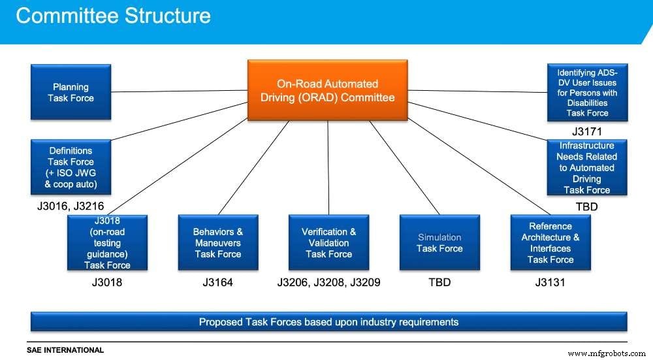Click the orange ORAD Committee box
[328, 91]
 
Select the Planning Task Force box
[71, 92]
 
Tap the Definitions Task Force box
[71, 167]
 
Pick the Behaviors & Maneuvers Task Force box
[218, 242]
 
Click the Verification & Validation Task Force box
[328, 242]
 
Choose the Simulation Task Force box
[439, 242]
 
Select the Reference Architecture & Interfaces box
[550, 242]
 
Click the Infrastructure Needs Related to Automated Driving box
[586, 167]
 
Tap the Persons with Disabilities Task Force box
[586, 92]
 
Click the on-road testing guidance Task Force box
[107, 242]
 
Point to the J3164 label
[218, 283]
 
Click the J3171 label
[586, 131]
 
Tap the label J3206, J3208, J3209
[328, 283]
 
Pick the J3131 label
[550, 283]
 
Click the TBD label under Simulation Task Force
[439, 283]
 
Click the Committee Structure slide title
[113, 16]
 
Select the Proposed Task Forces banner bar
[328, 321]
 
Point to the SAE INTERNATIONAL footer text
[65, 350]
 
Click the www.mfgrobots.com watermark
[607, 353]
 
